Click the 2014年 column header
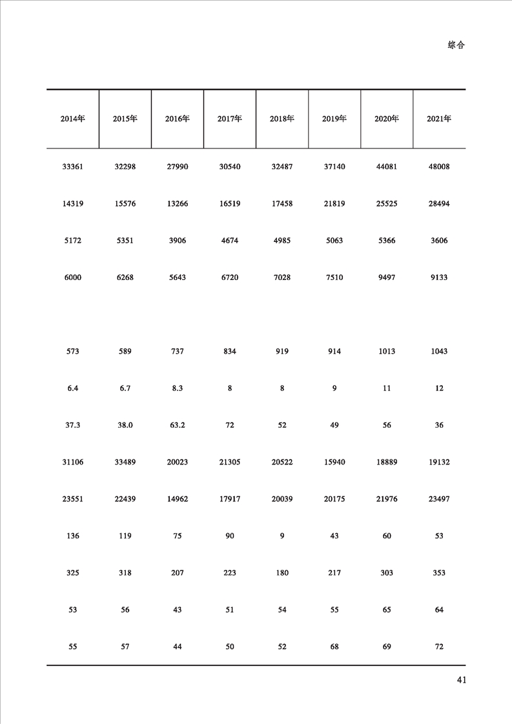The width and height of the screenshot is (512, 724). pyautogui.click(x=72, y=119)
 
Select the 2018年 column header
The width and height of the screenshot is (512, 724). pyautogui.click(x=282, y=119)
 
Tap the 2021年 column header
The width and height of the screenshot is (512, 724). pyautogui.click(x=439, y=119)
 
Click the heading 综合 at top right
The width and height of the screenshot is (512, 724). pyautogui.click(x=456, y=45)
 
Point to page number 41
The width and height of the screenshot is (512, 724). pyautogui.click(x=461, y=679)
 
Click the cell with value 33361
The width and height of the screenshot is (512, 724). pyautogui.click(x=72, y=166)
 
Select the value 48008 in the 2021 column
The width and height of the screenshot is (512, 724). pyautogui.click(x=439, y=166)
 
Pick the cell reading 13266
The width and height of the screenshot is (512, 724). pyautogui.click(x=177, y=204)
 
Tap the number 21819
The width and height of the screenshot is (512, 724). pyautogui.click(x=334, y=204)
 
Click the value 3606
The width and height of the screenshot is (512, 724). pyautogui.click(x=439, y=241)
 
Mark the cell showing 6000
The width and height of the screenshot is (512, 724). pyautogui.click(x=72, y=277)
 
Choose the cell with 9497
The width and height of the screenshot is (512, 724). pyautogui.click(x=387, y=277)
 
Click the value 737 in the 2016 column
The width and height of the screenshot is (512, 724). pyautogui.click(x=177, y=352)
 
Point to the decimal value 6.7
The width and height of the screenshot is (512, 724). pyautogui.click(x=125, y=388)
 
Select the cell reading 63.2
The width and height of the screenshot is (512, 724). pyautogui.click(x=177, y=425)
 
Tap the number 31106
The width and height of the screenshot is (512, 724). pyautogui.click(x=72, y=463)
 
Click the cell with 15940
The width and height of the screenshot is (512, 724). pyautogui.click(x=334, y=463)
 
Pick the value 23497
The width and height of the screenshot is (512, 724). pyautogui.click(x=439, y=499)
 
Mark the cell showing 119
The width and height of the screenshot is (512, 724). pyautogui.click(x=125, y=536)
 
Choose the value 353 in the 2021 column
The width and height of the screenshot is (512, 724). pyautogui.click(x=439, y=573)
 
